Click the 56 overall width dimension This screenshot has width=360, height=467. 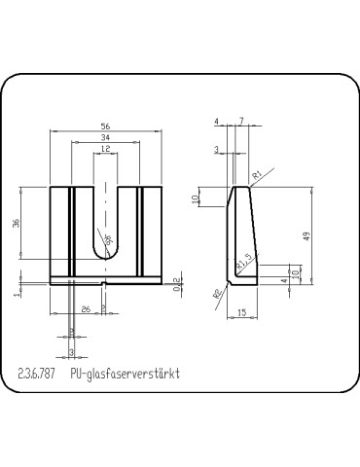coord(104,126)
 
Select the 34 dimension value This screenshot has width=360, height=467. coord(104,139)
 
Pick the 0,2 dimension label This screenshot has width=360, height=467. coord(177,283)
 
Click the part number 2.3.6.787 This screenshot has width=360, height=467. coord(39,373)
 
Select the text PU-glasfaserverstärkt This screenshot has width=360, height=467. coord(126,373)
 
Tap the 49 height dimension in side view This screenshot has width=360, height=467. coord(307,236)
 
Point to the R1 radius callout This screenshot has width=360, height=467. coord(257,175)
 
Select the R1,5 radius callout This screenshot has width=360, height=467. coord(245,260)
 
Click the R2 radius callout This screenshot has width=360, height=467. coord(216,293)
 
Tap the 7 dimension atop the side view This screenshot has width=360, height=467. coord(240,121)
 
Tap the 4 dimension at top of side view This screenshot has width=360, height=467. coord(217,121)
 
